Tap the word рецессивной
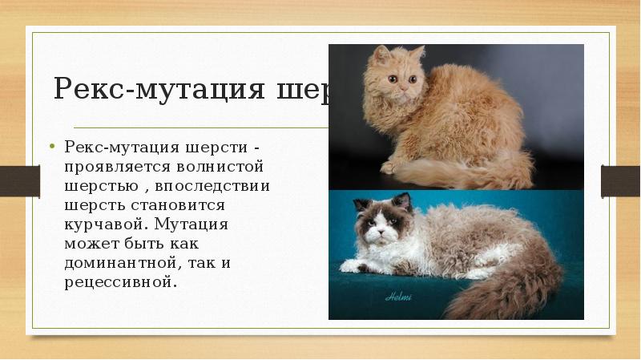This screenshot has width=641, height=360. click(x=116, y=281)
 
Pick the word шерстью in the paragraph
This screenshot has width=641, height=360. click(x=96, y=186)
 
